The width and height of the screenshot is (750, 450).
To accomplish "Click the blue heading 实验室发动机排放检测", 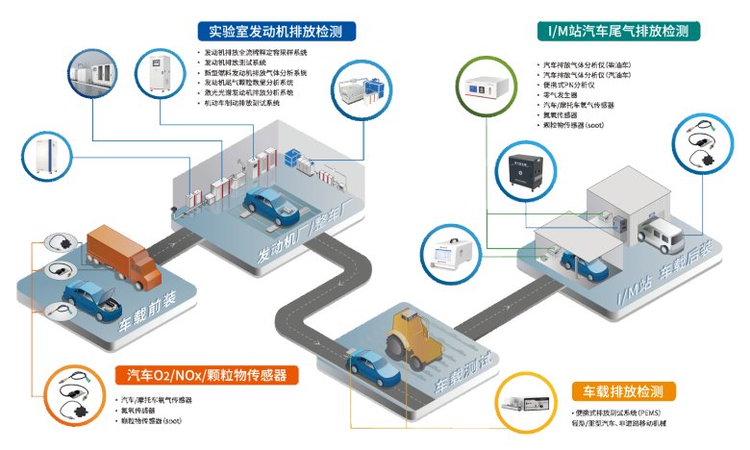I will tap(275, 30).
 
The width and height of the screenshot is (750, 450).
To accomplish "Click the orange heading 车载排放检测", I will tap(622, 391).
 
